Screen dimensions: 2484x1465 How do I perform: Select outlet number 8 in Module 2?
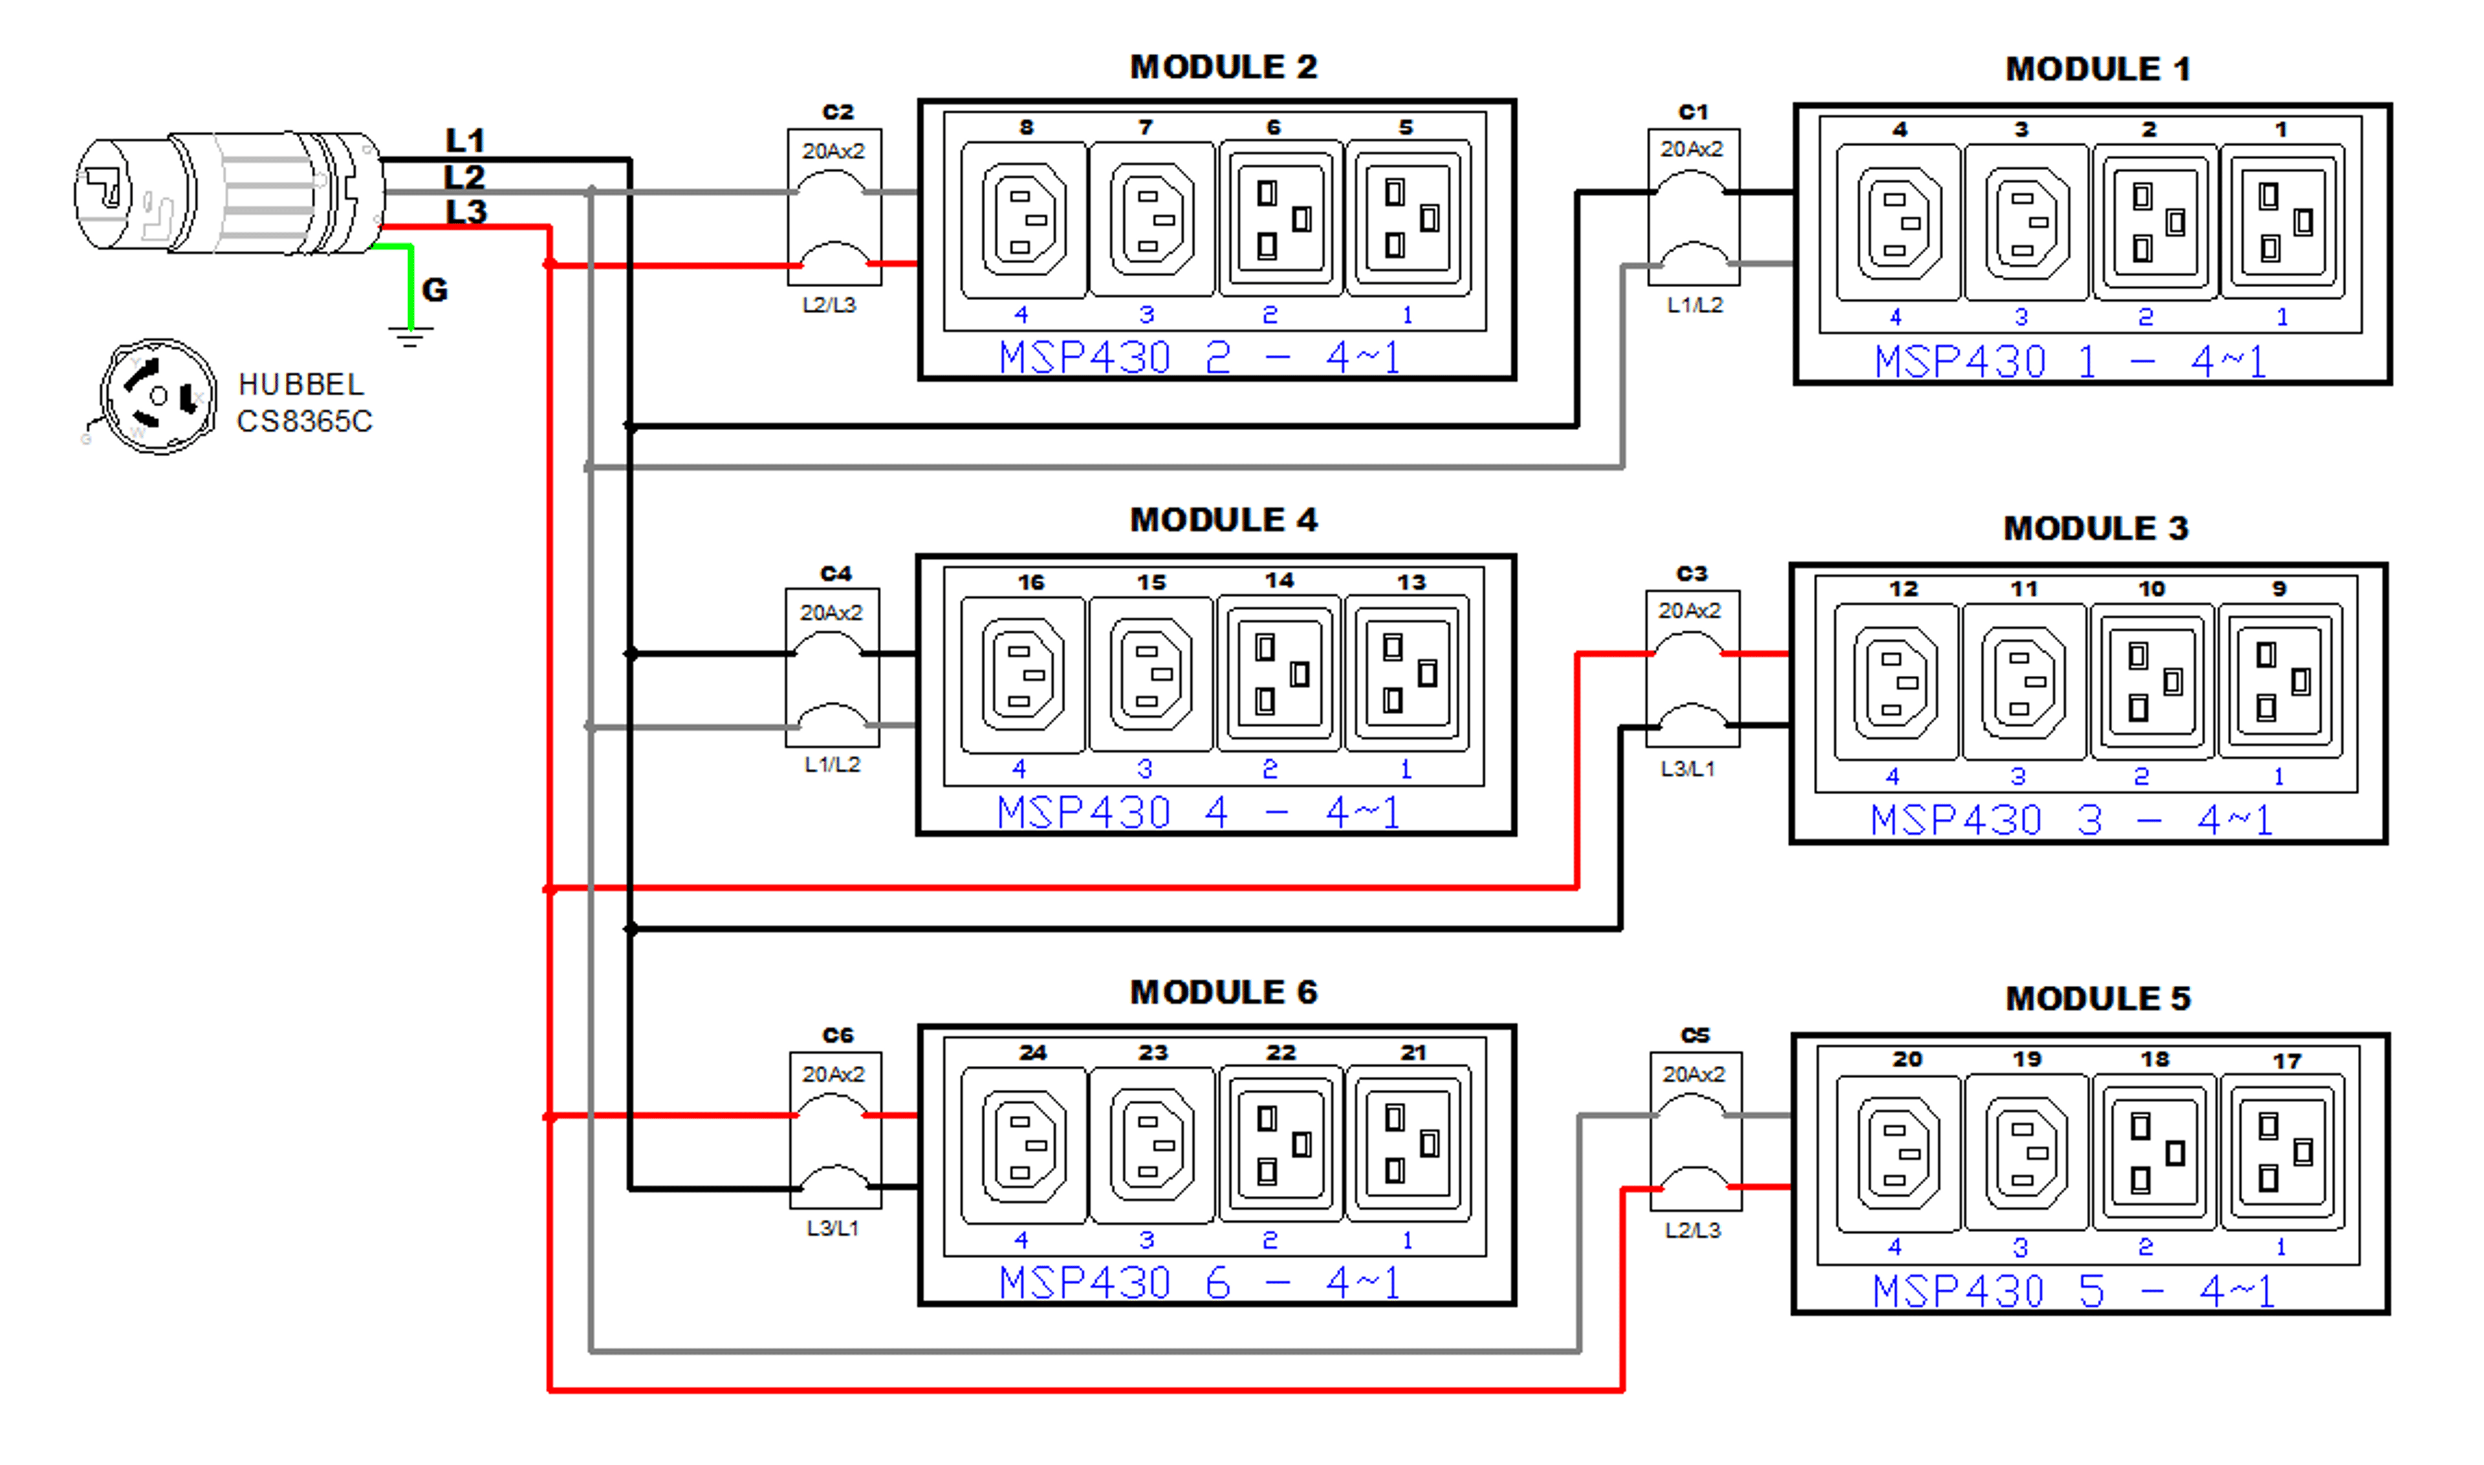[1024, 219]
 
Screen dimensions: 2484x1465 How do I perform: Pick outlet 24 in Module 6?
[1024, 1145]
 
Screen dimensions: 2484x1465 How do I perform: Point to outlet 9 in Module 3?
[2280, 681]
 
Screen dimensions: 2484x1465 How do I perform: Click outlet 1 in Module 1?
[2282, 221]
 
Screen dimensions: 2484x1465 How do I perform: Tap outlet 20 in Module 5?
[1897, 1153]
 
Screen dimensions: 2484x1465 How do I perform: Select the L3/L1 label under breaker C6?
[833, 1228]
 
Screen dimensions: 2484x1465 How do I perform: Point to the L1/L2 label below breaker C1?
[1694, 305]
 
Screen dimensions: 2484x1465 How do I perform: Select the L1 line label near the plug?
[465, 140]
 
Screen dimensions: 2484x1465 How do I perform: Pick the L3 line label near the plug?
[466, 212]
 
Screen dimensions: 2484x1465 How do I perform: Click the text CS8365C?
[304, 422]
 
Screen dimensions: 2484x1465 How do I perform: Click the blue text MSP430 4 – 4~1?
[1197, 812]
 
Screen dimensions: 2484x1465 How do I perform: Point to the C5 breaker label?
[1695, 1035]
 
